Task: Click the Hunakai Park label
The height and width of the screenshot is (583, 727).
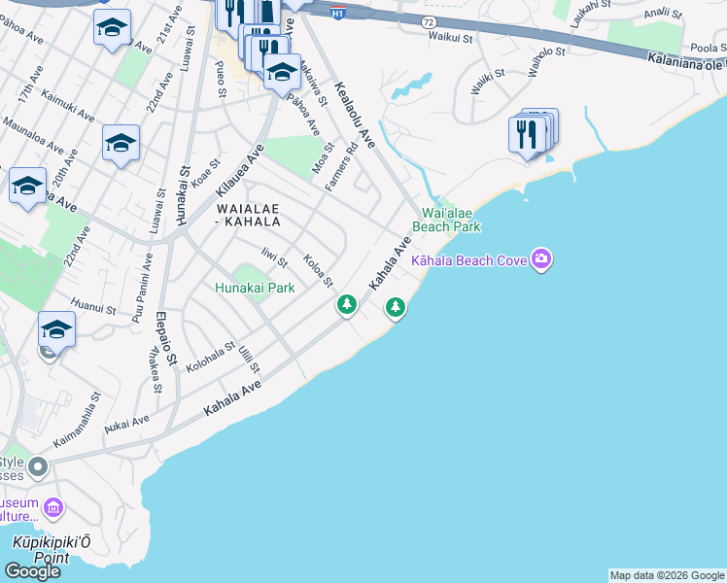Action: (255, 288)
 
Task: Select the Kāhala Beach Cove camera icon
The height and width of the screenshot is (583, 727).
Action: (541, 259)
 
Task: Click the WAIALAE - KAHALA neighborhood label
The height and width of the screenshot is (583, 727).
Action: (248, 214)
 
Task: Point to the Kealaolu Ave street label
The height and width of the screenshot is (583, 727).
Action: (355, 115)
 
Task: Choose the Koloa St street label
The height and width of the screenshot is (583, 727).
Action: (319, 271)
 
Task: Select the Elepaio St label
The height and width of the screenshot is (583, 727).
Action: (166, 336)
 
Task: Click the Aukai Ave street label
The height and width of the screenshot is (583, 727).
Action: (127, 426)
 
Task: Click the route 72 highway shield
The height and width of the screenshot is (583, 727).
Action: (429, 21)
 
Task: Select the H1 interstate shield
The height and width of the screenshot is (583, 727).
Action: (337, 13)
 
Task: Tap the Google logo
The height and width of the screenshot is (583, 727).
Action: (33, 571)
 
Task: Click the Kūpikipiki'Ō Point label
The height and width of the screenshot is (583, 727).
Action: (41, 550)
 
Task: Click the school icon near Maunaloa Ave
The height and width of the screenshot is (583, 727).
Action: (121, 145)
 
